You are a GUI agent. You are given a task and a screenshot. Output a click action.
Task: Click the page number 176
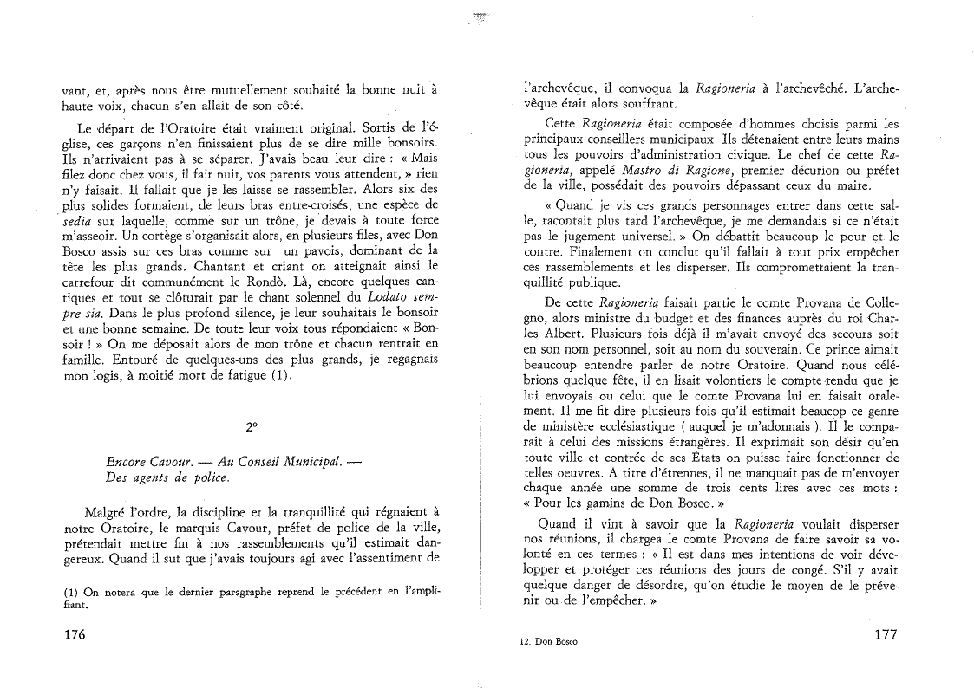click(75, 635)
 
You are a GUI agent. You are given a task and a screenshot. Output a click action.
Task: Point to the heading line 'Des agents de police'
click(161, 477)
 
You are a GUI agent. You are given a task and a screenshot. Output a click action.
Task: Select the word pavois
click(313, 250)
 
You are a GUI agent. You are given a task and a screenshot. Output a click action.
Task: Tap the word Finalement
click(566, 251)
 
